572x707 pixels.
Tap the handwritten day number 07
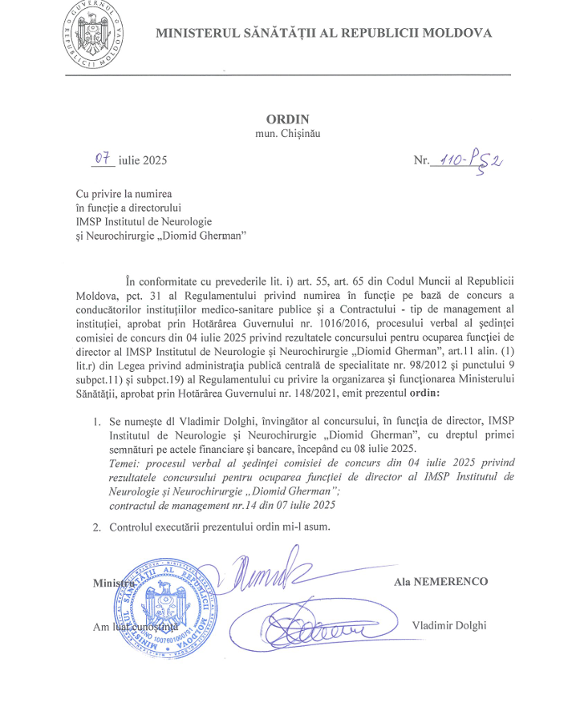[102, 159]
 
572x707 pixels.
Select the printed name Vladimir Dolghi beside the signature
[448, 625]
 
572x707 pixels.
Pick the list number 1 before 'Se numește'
[96, 422]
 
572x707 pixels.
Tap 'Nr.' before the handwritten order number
[422, 161]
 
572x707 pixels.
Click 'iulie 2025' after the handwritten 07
[142, 161]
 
